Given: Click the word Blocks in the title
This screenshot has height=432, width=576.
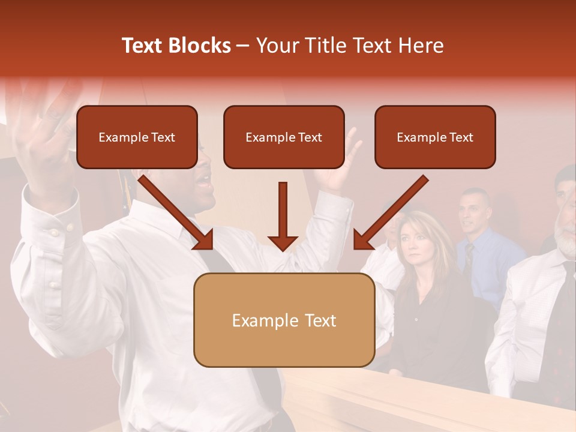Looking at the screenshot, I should pos(200,46).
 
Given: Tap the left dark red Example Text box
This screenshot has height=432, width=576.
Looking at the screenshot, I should pos(137,137).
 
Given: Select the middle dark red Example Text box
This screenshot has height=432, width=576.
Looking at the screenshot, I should pos(284,137).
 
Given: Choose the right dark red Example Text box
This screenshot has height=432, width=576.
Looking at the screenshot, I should pos(435,137).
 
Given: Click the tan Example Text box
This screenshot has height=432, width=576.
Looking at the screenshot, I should pos(284,320).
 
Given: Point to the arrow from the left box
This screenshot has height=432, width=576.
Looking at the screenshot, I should pos(176,213).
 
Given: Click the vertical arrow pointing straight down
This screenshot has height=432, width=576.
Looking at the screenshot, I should pos(283,216).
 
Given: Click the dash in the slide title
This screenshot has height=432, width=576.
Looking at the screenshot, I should pos(243,46).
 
